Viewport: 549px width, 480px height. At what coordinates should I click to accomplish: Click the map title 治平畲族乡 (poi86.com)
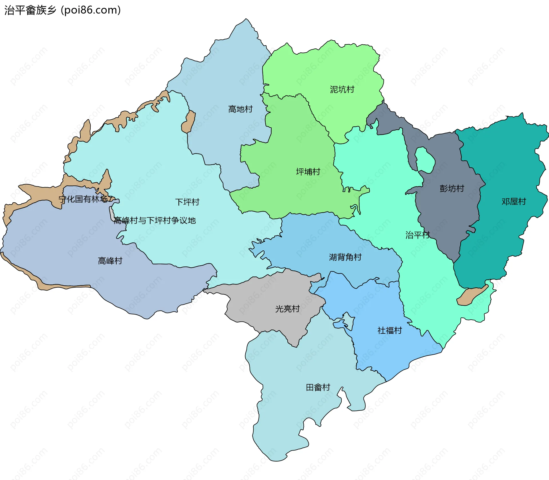[63, 10]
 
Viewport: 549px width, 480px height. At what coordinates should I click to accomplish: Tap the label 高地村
[240, 109]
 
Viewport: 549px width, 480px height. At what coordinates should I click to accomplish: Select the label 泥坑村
[342, 89]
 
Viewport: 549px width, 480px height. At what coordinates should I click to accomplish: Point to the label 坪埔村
[308, 172]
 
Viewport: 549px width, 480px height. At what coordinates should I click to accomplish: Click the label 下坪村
[187, 202]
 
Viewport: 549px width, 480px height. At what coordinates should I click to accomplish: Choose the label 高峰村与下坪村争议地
[155, 220]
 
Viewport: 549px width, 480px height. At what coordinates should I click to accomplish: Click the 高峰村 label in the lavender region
[110, 261]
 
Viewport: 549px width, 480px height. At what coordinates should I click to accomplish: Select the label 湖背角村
[345, 257]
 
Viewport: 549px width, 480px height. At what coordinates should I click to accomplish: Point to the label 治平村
[417, 235]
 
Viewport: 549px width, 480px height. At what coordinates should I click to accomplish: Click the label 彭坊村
[452, 188]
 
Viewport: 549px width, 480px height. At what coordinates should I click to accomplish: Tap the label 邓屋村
[514, 202]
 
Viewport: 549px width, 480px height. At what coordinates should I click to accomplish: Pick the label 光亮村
[287, 309]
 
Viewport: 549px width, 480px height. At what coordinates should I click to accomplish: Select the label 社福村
[389, 331]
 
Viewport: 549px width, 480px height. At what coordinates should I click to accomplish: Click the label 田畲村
[318, 388]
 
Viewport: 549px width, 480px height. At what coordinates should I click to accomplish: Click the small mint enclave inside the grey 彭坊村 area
[425, 159]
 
